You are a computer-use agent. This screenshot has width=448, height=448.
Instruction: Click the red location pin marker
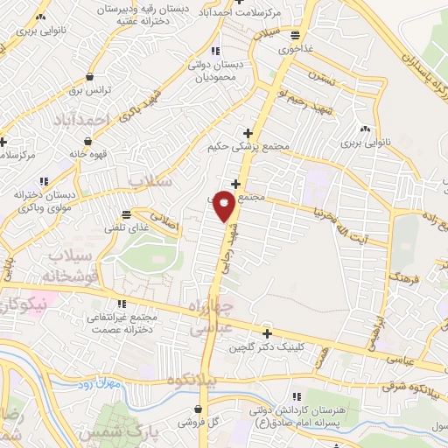tap(225, 205)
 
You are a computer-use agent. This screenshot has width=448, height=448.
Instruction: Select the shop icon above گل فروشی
tap(203, 409)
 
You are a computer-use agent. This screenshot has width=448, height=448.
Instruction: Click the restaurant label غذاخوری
tap(297, 49)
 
